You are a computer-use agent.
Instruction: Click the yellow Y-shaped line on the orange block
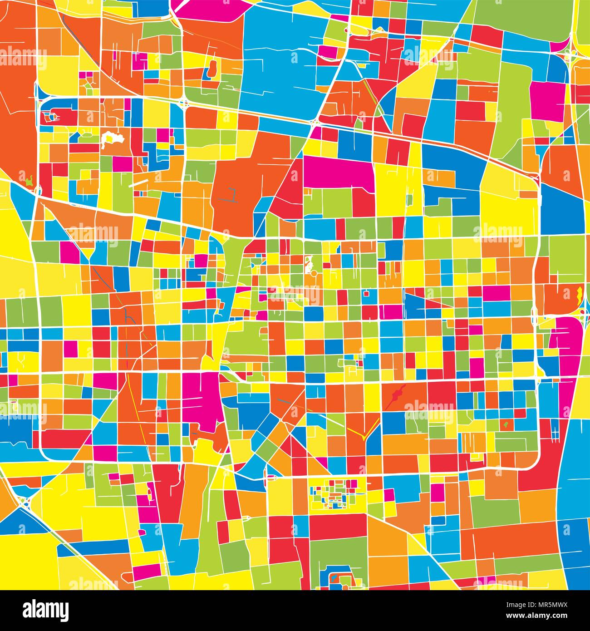[x=364, y=434]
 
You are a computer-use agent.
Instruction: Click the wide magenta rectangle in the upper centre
[x=337, y=172]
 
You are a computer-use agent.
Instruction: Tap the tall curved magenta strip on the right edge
[x=565, y=345]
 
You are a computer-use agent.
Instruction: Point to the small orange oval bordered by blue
[x=211, y=68]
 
